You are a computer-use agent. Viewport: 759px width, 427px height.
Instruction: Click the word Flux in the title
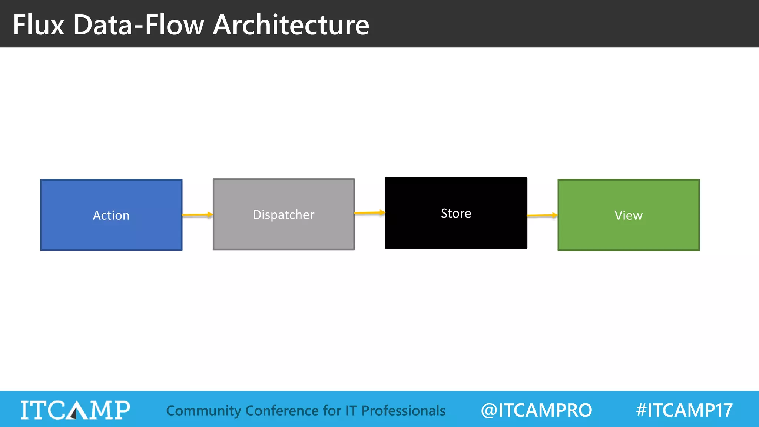pyautogui.click(x=39, y=25)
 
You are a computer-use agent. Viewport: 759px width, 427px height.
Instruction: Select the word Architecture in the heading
pyautogui.click(x=291, y=25)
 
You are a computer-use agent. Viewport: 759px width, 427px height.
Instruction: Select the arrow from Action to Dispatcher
pyautogui.click(x=197, y=215)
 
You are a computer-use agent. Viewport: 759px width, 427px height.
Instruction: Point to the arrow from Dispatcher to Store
pyautogui.click(x=369, y=213)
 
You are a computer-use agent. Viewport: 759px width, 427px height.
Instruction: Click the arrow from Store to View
pyautogui.click(x=542, y=215)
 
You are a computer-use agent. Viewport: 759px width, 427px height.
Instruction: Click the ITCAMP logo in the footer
pyautogui.click(x=75, y=410)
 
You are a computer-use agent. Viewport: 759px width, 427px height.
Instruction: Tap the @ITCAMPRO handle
pyautogui.click(x=536, y=410)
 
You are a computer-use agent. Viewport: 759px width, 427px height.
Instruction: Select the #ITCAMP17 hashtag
pyautogui.click(x=684, y=410)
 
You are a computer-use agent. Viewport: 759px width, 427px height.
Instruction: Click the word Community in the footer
pyautogui.click(x=203, y=411)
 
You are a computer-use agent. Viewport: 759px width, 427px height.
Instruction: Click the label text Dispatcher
pyautogui.click(x=284, y=215)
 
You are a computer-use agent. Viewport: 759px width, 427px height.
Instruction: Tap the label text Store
pyautogui.click(x=456, y=213)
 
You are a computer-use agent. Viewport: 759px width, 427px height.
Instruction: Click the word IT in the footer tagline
pyautogui.click(x=351, y=411)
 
